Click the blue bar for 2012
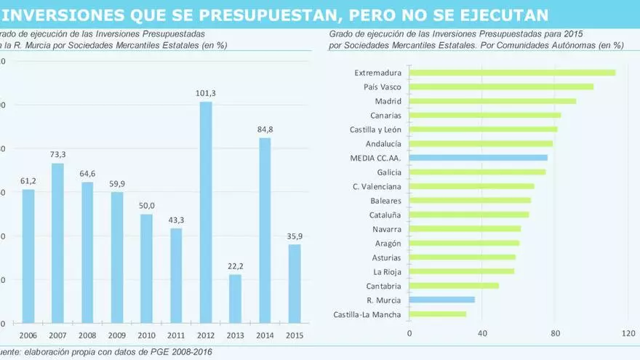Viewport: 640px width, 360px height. [206, 212]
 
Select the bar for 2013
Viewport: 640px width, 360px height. [235, 298]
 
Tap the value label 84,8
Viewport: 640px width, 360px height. [265, 129]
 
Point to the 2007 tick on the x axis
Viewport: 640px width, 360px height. [58, 335]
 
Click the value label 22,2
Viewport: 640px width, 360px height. [236, 266]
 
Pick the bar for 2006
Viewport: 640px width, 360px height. [28, 256]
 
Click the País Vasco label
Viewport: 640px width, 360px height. [383, 87]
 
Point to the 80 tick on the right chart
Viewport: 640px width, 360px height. [555, 333]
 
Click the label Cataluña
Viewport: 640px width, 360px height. [385, 215]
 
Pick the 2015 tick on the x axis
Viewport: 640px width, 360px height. [295, 335]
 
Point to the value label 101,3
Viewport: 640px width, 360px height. [206, 93]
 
